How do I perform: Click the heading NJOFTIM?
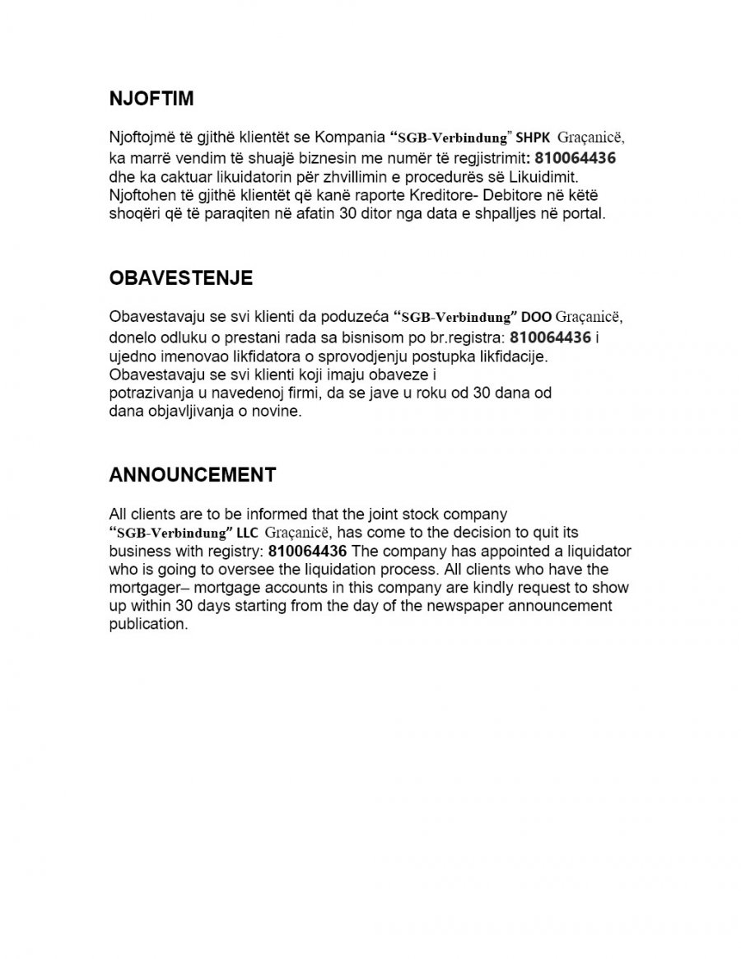(151, 99)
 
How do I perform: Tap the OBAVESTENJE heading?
(180, 278)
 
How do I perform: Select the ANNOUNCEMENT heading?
(192, 475)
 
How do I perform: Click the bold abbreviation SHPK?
(532, 138)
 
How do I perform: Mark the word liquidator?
(597, 551)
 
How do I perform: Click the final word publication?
(148, 624)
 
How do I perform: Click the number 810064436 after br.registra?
(550, 338)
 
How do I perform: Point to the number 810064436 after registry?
(307, 551)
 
